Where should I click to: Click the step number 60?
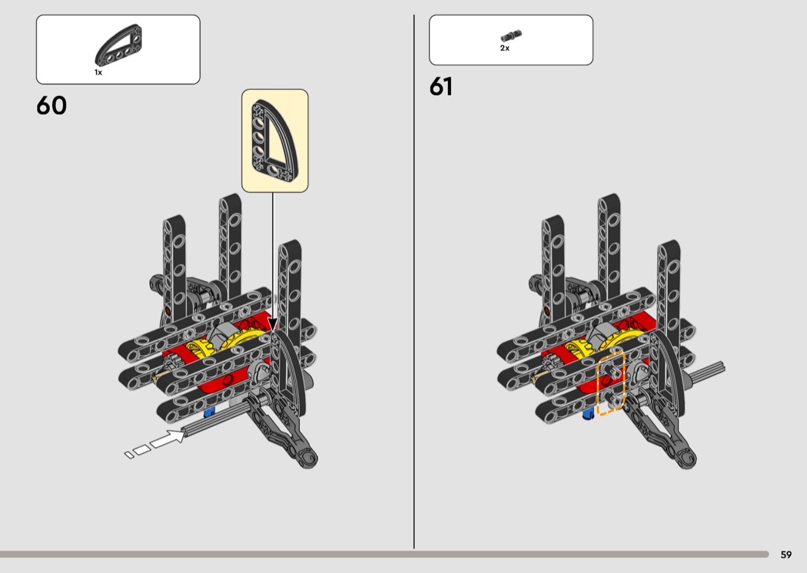[x=51, y=105]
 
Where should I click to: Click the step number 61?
[x=441, y=87]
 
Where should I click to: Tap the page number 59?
[x=786, y=555]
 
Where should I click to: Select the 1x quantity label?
[x=98, y=72]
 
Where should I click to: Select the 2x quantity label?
[x=505, y=48]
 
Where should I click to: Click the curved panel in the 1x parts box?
[x=118, y=46]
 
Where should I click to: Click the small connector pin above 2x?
[x=511, y=35]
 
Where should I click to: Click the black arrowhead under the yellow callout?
[x=273, y=325]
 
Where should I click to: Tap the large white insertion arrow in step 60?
[x=168, y=439]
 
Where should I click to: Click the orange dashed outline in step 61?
[x=611, y=383]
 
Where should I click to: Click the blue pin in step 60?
[x=209, y=412]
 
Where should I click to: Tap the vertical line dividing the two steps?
[x=413, y=282]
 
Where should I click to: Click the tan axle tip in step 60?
[x=159, y=379]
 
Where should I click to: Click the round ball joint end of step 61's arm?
[x=688, y=458]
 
